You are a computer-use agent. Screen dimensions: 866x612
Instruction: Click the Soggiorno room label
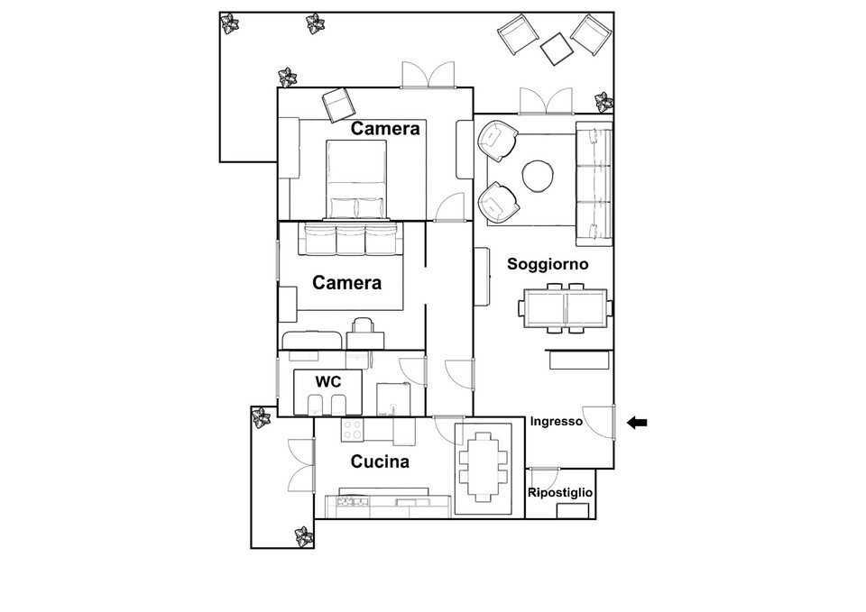click(x=548, y=264)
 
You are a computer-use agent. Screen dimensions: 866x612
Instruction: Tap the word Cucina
click(x=380, y=461)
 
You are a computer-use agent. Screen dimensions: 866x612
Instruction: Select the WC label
click(x=328, y=381)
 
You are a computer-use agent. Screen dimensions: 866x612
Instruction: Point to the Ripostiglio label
click(x=560, y=493)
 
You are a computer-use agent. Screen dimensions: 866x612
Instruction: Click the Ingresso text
click(x=557, y=422)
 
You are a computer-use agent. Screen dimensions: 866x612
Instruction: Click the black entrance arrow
click(x=637, y=423)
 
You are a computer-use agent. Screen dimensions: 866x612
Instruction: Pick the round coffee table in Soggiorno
click(x=538, y=176)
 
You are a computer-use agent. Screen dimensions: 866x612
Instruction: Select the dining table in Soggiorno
click(x=565, y=308)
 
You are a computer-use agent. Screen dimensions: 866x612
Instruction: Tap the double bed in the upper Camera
click(x=356, y=180)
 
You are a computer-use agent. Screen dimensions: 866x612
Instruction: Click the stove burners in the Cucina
click(x=353, y=429)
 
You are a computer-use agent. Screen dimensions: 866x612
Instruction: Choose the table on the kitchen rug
click(x=484, y=466)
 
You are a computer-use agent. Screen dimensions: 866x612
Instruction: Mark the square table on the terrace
click(x=557, y=49)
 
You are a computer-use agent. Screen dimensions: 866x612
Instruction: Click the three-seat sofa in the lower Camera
click(x=351, y=239)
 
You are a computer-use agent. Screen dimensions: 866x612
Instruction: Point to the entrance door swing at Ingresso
click(x=599, y=422)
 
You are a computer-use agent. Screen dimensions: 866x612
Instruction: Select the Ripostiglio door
click(x=544, y=478)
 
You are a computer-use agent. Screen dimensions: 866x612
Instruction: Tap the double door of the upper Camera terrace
click(x=428, y=75)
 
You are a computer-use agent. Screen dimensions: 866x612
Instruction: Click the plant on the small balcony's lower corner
click(x=304, y=536)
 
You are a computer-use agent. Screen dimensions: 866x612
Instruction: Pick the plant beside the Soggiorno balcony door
click(x=603, y=102)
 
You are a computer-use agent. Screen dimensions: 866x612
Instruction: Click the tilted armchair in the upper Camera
click(x=338, y=105)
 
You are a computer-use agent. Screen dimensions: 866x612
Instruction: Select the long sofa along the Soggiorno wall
click(x=594, y=184)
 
